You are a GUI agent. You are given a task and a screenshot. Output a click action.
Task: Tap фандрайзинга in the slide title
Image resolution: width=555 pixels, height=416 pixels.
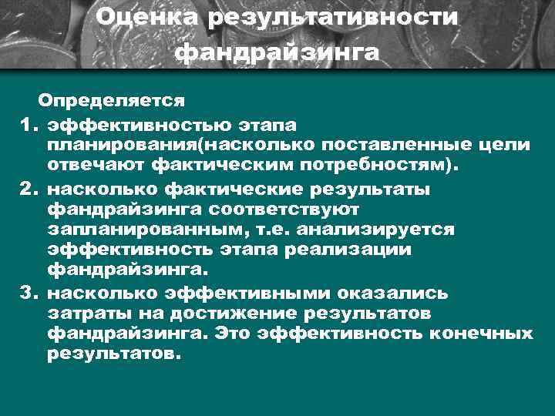point(277,53)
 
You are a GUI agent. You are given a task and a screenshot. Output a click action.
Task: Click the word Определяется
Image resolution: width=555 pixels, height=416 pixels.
point(112,101)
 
